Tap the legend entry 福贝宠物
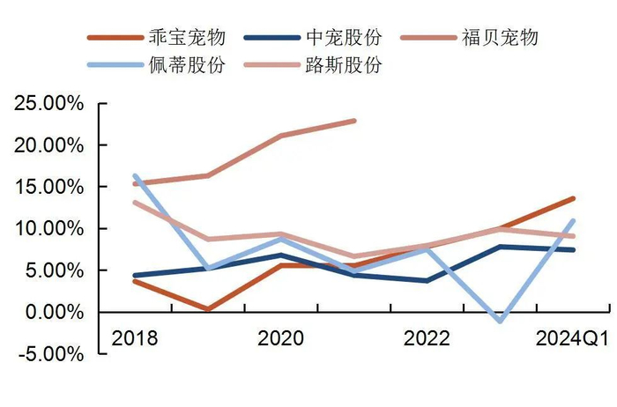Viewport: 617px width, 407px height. [x=500, y=38]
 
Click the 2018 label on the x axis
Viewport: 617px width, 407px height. [x=134, y=339]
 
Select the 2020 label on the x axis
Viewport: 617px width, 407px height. [x=280, y=339]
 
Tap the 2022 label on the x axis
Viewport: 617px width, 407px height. [x=427, y=339]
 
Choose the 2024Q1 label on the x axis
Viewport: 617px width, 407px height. [x=573, y=339]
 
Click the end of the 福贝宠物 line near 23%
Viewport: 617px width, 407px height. [x=354, y=121]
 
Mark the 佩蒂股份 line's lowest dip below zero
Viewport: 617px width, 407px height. [x=501, y=321]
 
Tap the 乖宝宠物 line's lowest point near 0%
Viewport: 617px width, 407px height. [x=207, y=309]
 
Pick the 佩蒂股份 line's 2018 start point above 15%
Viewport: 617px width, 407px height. [x=134, y=175]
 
